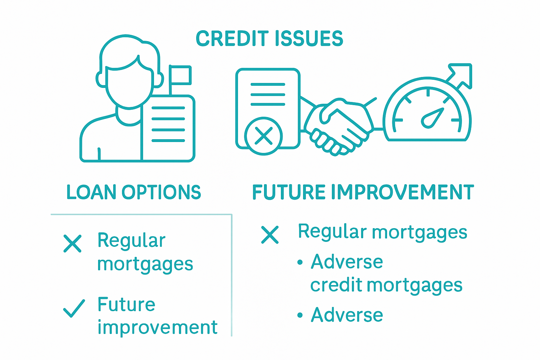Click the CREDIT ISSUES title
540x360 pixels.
269,38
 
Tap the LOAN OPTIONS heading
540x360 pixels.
134,192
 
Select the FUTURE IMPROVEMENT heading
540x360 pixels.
363,192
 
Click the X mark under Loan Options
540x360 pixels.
72,244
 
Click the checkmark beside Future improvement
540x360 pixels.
74,308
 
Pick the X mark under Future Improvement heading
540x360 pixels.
270,235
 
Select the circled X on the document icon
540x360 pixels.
263,136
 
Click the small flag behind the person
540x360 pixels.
180,75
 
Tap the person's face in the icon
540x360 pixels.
129,86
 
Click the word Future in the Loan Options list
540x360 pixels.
126,304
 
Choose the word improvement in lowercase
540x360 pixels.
157,327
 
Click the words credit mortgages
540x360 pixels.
386,285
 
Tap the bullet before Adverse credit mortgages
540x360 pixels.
300,262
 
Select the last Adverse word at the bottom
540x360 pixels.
347,315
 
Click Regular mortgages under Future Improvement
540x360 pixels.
382,232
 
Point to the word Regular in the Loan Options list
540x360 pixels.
131,241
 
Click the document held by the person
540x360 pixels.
168,128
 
